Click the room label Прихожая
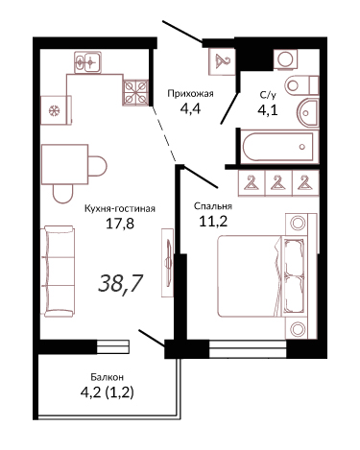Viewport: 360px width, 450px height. [190, 94]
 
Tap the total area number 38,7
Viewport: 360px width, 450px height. [120, 284]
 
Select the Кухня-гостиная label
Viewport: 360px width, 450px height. [120, 209]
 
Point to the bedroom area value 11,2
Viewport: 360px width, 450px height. [213, 222]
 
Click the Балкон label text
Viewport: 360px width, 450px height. [107, 377]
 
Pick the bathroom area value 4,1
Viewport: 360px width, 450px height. [267, 110]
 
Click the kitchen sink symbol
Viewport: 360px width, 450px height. [87, 62]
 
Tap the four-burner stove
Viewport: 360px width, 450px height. [135, 92]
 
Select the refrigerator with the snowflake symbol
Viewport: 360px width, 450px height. [56, 110]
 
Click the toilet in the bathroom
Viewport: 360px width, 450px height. [301, 85]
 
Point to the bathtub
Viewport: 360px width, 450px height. [277, 147]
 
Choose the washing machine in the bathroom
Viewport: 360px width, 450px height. [285, 59]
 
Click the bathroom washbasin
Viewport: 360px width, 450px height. [307, 113]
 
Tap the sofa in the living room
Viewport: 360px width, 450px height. [59, 272]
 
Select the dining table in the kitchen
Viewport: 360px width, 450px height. [65, 164]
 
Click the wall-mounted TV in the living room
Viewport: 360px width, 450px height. [168, 262]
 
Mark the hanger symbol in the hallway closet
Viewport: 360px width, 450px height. [222, 61]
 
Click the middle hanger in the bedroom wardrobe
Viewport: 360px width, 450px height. [278, 183]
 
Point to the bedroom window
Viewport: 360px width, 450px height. [248, 348]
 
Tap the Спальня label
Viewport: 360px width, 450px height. [213, 206]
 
